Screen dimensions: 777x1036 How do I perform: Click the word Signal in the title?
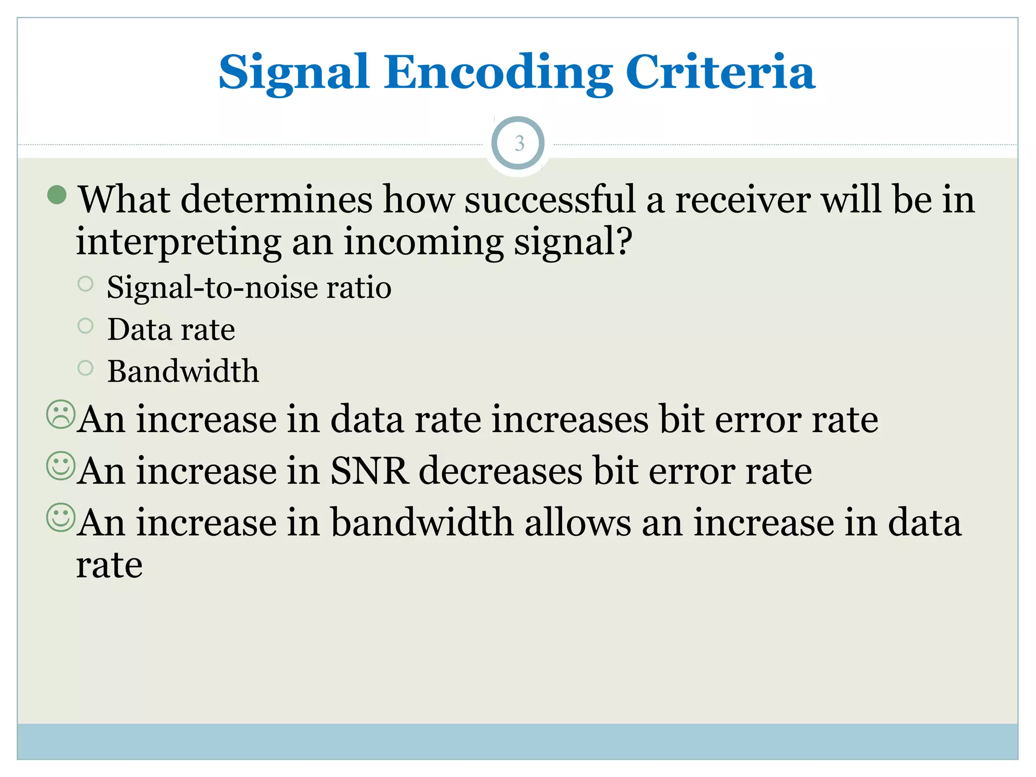point(293,73)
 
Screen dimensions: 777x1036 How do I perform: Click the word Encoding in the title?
point(498,73)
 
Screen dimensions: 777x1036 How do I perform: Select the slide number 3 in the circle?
point(519,144)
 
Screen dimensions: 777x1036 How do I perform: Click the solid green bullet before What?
point(57,195)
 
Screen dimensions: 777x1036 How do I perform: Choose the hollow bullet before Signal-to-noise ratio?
point(85,284)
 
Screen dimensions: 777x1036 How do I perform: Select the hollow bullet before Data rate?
point(85,326)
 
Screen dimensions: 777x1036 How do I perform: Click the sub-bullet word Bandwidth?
point(183,371)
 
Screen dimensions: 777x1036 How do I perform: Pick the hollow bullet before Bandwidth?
point(85,368)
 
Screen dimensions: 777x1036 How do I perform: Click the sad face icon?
point(61,415)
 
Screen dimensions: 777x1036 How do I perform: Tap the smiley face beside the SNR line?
point(61,466)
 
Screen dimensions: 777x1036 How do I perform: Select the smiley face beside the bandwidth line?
point(61,517)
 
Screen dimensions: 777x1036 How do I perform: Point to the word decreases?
point(501,471)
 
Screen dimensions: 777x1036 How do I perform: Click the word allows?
point(578,523)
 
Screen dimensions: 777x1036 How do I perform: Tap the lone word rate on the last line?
point(109,566)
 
